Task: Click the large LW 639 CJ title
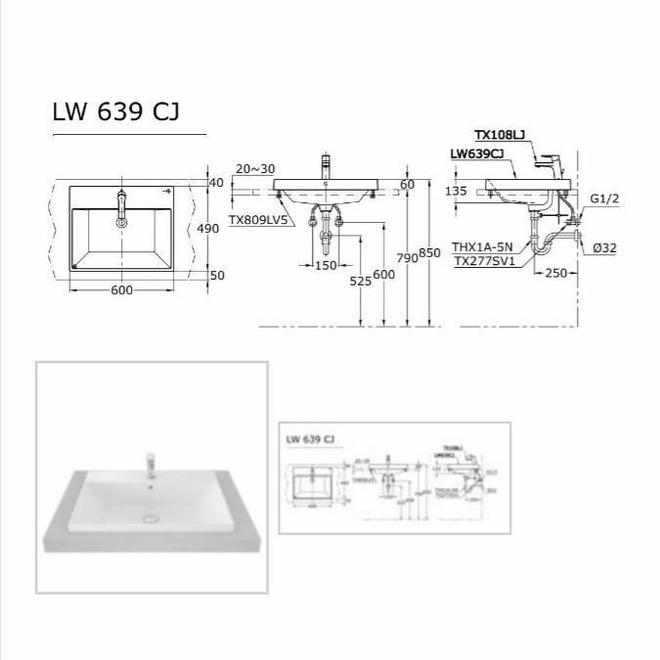(114, 112)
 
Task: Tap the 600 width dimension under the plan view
(121, 290)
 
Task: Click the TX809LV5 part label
(258, 221)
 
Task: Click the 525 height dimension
(362, 281)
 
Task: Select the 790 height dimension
(407, 257)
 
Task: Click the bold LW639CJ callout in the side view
(477, 154)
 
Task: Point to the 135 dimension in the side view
(456, 192)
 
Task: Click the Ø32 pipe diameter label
(603, 248)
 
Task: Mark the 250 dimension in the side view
(555, 273)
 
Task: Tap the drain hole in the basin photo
(151, 519)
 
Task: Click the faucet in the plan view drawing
(121, 206)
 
